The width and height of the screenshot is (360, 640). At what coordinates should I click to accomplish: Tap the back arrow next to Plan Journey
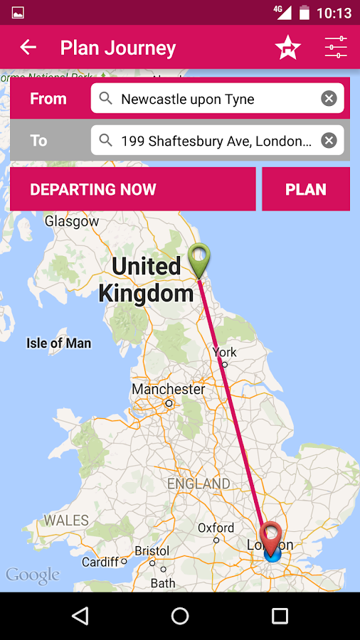pos(28,48)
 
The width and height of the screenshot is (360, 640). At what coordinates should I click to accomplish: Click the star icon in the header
pos(288,48)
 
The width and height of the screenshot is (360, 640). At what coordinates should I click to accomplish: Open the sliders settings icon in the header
pos(336,48)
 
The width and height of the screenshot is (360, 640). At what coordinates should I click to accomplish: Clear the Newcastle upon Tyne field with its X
pos(329,99)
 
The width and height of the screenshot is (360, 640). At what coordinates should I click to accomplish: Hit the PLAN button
pos(306,189)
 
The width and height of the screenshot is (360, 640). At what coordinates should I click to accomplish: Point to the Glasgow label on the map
pos(72,221)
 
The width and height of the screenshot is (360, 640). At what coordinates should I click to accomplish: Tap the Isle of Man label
pos(59,343)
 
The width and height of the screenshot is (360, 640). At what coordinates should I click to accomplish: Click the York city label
pos(224,352)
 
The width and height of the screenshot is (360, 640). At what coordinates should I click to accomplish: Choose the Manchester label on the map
pos(168,390)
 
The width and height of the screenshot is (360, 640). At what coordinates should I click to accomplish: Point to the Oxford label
pos(216,528)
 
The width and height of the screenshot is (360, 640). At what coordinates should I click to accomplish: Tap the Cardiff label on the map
pos(100,562)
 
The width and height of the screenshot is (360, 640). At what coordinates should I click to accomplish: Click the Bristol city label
pos(152,551)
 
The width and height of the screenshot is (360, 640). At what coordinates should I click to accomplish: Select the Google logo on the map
pos(33,575)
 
